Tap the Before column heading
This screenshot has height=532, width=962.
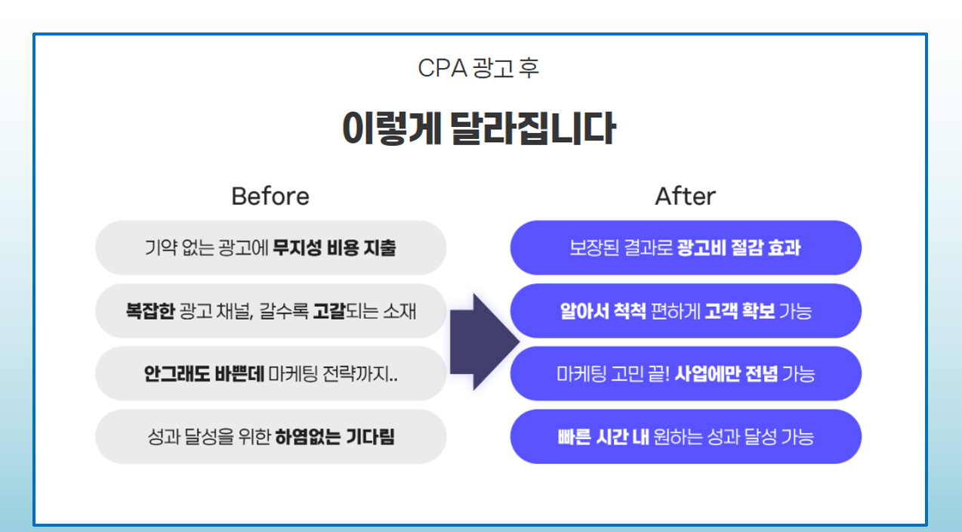pyautogui.click(x=270, y=196)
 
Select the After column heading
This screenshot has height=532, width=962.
pyautogui.click(x=685, y=196)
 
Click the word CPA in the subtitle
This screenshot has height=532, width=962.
pyautogui.click(x=442, y=68)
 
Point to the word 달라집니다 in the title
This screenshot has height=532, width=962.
pyautogui.click(x=533, y=128)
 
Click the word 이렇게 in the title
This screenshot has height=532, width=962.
pyautogui.click(x=392, y=128)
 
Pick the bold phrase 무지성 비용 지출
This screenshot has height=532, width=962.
pyautogui.click(x=335, y=248)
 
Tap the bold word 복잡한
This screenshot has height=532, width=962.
pyautogui.click(x=150, y=311)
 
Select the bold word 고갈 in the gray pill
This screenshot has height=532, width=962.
pyautogui.click(x=329, y=311)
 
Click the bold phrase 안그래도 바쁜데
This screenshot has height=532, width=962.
pyautogui.click(x=204, y=374)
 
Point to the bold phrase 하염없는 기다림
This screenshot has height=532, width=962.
pyautogui.click(x=335, y=437)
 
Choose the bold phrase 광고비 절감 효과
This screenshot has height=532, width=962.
pyautogui.click(x=739, y=248)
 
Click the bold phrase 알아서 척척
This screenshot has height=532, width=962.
pyautogui.click(x=603, y=311)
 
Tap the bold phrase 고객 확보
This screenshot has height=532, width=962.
pyautogui.click(x=740, y=311)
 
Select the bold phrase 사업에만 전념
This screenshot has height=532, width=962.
pyautogui.click(x=726, y=374)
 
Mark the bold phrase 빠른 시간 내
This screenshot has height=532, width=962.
pyautogui.click(x=603, y=437)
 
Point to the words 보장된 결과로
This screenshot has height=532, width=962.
pyautogui.click(x=621, y=248)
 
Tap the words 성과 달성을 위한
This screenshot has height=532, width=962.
pyautogui.click(x=209, y=437)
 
